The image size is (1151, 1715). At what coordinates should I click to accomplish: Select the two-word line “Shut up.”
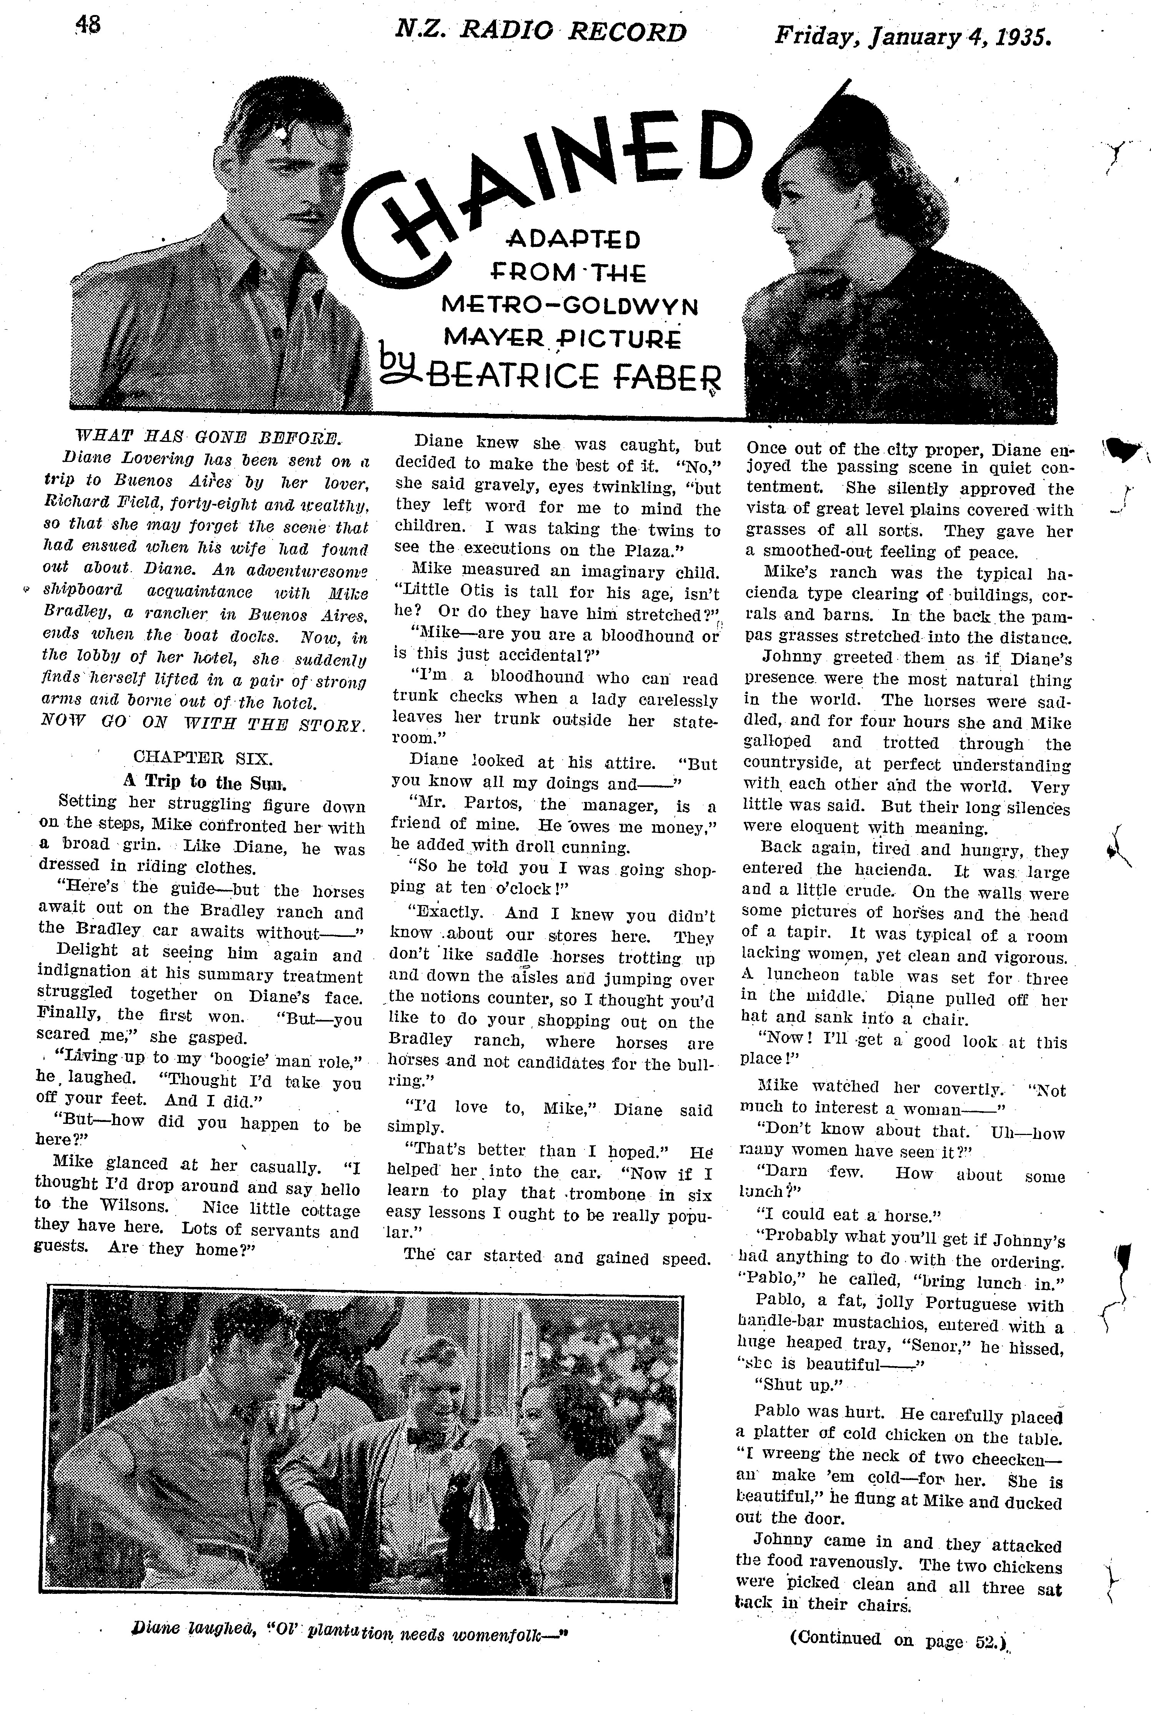point(796,1385)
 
